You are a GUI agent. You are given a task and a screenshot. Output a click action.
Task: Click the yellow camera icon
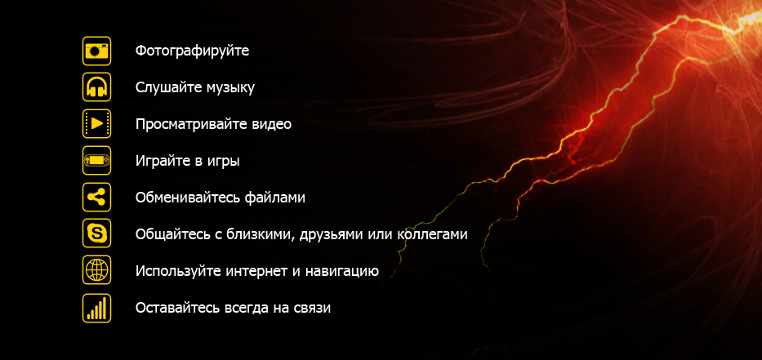tap(96, 51)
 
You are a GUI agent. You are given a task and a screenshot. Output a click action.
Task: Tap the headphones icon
tap(96, 87)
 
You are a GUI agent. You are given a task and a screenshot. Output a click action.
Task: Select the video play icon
tap(96, 124)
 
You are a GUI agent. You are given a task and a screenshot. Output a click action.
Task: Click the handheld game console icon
tap(96, 160)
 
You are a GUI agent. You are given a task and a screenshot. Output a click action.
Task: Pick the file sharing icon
tap(96, 198)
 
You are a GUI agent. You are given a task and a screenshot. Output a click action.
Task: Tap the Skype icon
tap(96, 233)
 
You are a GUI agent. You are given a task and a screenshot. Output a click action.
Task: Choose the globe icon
tap(96, 270)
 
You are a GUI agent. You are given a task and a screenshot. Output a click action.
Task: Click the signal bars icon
tap(96, 308)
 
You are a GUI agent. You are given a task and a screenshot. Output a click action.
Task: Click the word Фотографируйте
tap(193, 51)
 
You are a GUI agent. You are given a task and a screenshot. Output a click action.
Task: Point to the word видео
tap(272, 124)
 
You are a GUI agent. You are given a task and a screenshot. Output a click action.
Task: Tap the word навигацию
tap(342, 272)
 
